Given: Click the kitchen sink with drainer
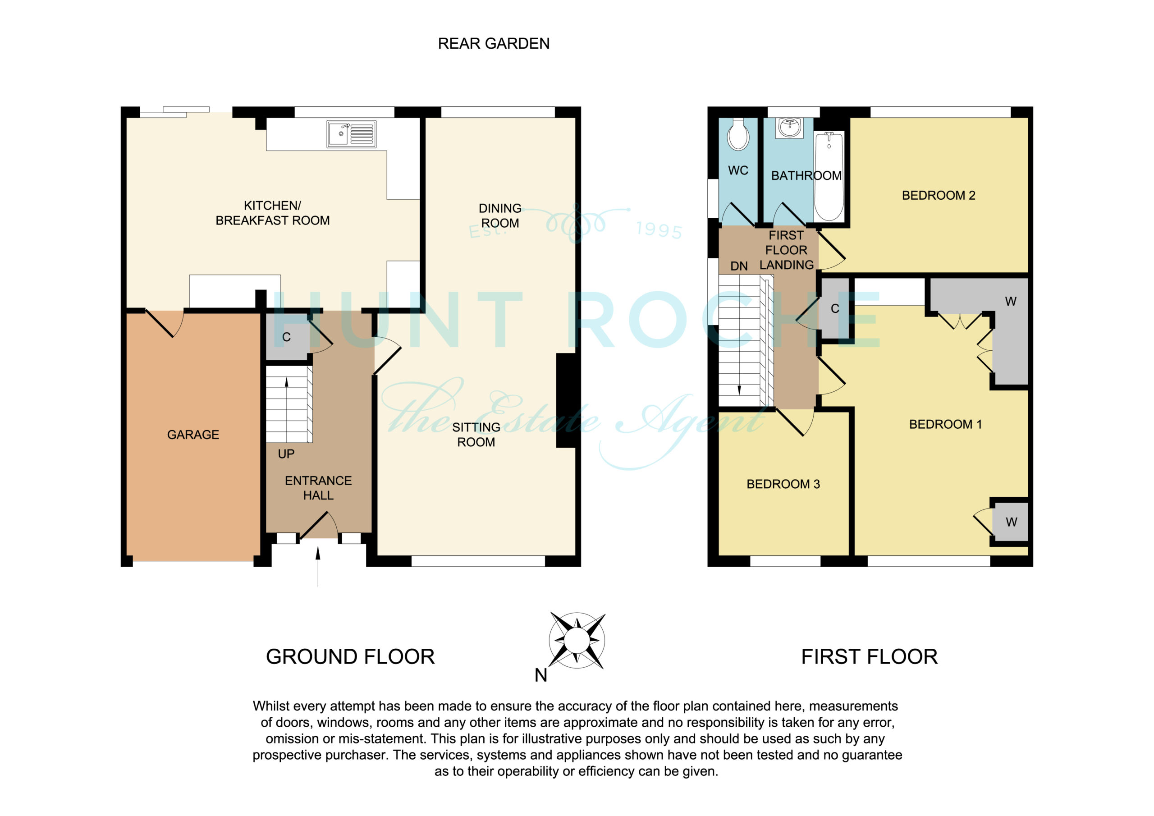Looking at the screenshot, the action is (351, 134).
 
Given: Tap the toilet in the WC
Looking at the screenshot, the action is (738, 134).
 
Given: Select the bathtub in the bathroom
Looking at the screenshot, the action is (829, 176).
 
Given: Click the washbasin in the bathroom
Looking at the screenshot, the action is (790, 128).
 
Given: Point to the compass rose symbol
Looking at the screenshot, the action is (577, 641).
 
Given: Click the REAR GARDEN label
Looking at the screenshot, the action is (494, 44).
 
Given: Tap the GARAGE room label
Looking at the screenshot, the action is (193, 435).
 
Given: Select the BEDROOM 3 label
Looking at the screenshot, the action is (783, 484).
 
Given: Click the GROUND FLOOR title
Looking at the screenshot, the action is (350, 656).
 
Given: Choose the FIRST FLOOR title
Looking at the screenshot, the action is (870, 656).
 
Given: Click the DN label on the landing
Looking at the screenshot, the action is (739, 266).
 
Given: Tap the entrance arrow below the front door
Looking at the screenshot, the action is (318, 567).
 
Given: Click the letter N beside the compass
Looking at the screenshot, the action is (541, 675).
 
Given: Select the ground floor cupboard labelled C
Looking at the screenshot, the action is (287, 337).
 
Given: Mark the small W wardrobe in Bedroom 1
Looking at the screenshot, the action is (1010, 523).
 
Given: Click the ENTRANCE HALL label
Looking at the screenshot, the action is (318, 488).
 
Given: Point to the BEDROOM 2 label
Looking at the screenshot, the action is (939, 196).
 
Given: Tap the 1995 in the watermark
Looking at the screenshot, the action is (659, 230).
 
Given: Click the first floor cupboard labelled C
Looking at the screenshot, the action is (835, 309).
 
